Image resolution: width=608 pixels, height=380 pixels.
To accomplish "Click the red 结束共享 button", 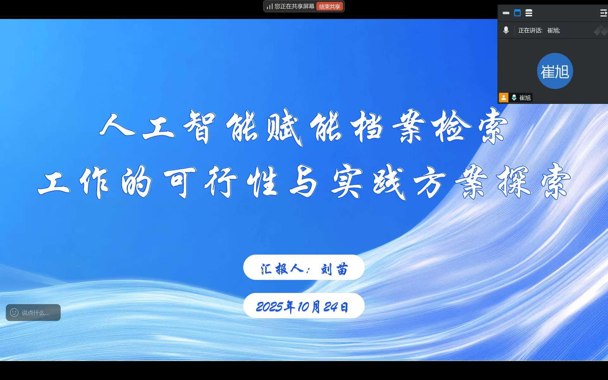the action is pos(330,7).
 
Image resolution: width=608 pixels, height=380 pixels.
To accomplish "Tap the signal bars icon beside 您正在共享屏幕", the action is pos(269,6).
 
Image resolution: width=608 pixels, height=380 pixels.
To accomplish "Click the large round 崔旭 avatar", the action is pos(555,71).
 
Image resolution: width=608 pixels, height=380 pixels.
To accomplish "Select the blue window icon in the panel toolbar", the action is pos(517,13).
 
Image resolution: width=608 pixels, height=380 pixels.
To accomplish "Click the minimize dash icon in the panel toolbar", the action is pos(506,13).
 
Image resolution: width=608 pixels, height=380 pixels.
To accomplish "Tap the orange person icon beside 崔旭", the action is pos(503,98).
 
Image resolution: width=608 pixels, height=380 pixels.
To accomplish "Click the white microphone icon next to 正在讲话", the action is pos(506,30).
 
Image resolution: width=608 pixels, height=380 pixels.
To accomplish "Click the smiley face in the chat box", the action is pos(14,313).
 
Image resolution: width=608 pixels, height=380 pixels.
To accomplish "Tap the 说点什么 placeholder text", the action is pos(35,313).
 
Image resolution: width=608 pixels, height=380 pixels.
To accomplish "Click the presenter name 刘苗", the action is pos(334,269).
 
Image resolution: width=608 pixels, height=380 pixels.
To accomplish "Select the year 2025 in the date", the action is pos(269,307).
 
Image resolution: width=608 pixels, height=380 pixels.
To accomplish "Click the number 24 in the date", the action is pos(330,307).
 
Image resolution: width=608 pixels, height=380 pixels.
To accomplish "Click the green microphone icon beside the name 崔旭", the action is pos(514,98).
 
